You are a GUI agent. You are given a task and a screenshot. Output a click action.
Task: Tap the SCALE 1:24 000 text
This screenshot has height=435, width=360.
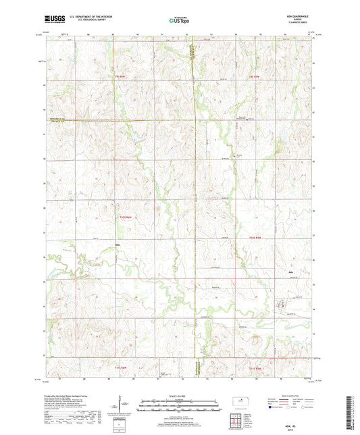click(x=180, y=395)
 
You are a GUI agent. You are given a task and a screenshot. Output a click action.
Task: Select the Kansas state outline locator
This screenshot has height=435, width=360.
click(x=238, y=403)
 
